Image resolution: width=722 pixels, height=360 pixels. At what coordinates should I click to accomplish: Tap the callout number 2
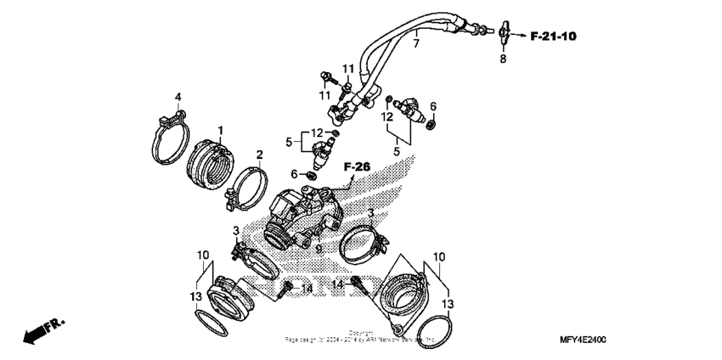click(x=260, y=154)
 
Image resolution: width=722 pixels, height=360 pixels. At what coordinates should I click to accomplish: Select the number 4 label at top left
click(x=178, y=95)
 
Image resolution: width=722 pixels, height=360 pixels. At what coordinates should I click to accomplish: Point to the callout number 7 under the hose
click(x=416, y=43)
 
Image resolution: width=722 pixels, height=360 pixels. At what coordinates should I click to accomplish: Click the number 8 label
click(x=502, y=59)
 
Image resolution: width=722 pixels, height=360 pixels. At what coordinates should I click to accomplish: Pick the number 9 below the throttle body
click(x=318, y=248)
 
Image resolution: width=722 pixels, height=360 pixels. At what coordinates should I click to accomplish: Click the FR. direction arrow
click(x=42, y=331)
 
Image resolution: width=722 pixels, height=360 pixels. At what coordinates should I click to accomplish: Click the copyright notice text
click(x=361, y=336)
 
